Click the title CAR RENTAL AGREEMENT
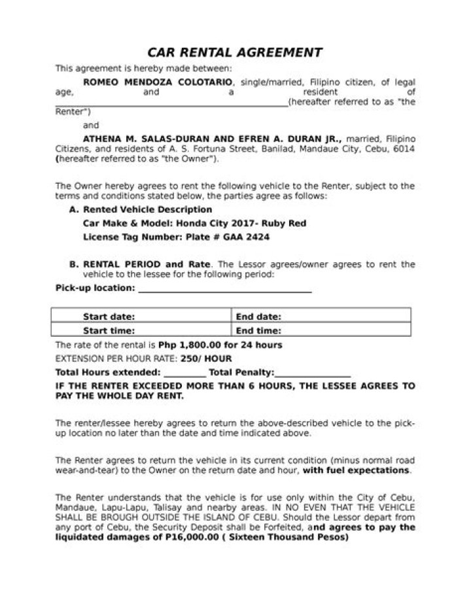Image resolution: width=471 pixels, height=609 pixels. click(x=235, y=52)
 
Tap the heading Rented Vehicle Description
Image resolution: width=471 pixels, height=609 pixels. click(x=147, y=210)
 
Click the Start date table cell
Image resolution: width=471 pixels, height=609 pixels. click(x=141, y=317)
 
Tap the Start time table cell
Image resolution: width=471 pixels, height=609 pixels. click(x=141, y=330)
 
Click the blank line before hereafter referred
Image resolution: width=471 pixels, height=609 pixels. click(x=170, y=103)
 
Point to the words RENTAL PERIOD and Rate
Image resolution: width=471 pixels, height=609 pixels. click(x=147, y=264)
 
